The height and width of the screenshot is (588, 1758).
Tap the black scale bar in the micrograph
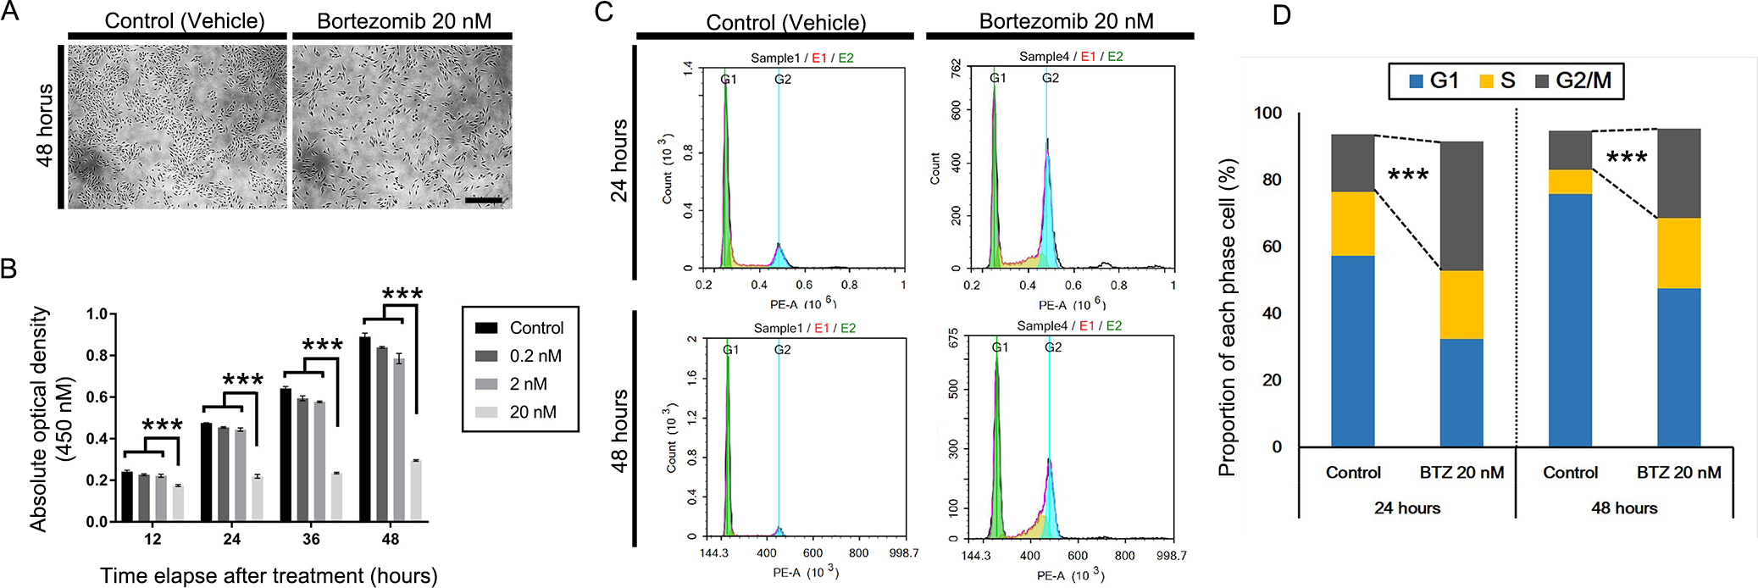coord(484,201)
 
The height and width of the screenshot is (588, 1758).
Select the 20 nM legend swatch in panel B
coord(486,413)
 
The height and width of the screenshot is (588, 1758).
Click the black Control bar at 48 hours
coord(365,428)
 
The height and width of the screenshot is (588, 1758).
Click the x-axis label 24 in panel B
coord(232,539)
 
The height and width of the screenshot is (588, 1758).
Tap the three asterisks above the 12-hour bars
coord(162,425)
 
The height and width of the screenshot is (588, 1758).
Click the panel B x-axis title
coord(269,576)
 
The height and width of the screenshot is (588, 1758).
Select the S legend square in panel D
coord(1486,81)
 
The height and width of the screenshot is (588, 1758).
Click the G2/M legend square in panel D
coord(1542,81)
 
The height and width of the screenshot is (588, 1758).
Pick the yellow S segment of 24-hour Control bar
coord(1353,224)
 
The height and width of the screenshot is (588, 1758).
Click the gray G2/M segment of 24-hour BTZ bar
coord(1461,206)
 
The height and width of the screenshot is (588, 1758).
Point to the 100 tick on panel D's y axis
coord(1267,114)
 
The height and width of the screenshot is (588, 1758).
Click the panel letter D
coord(1281,14)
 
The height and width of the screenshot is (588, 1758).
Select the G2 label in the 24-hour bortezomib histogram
coord(1051,78)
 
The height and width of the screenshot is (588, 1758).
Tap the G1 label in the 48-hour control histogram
coord(730,350)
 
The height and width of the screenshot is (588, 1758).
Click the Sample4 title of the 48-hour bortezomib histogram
coord(1042,326)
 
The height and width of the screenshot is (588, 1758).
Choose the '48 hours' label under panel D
coord(1624,508)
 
